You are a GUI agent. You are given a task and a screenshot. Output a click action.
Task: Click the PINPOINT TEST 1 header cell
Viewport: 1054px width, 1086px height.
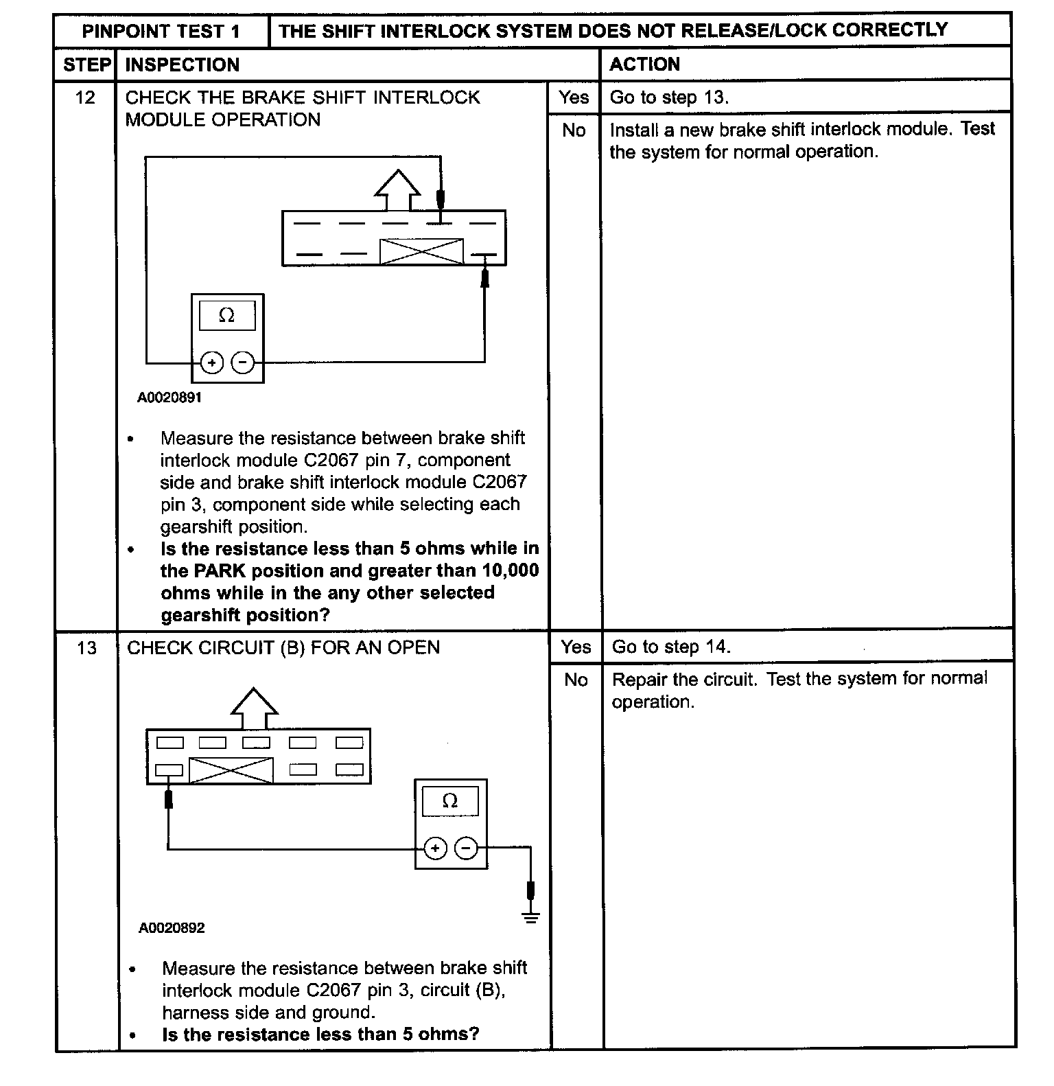(161, 32)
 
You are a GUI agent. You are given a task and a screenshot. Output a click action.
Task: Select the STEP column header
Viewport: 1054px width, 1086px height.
(86, 65)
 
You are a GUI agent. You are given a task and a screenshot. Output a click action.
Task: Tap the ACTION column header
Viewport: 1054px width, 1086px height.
(644, 65)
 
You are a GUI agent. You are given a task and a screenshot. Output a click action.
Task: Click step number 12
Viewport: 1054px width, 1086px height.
(85, 97)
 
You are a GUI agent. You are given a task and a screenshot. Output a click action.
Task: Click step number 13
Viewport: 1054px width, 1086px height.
(86, 648)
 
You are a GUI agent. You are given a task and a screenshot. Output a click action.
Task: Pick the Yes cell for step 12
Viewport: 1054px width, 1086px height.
(574, 97)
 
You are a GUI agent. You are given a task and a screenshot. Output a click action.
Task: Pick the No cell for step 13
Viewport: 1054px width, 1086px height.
(576, 680)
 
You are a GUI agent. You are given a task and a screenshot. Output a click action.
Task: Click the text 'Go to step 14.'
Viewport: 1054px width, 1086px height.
(671, 647)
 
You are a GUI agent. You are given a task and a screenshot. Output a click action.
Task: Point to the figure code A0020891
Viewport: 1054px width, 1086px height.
(169, 397)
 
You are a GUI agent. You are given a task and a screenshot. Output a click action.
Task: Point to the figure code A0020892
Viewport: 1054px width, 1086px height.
(172, 928)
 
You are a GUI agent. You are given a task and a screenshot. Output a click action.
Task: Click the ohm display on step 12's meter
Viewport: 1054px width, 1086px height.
(227, 316)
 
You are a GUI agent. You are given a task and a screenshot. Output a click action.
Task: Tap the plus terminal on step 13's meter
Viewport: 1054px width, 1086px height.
(435, 848)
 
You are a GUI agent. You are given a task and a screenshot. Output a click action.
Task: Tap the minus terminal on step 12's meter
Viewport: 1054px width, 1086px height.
(243, 362)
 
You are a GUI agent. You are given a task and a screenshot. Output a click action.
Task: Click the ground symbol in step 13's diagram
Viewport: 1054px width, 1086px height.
(530, 917)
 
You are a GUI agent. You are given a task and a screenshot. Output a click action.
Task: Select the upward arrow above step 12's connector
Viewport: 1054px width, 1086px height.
(397, 189)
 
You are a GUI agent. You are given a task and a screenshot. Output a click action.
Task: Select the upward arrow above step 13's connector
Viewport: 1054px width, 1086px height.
(254, 707)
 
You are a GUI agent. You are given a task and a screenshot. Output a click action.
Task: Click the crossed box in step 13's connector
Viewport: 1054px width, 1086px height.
(231, 770)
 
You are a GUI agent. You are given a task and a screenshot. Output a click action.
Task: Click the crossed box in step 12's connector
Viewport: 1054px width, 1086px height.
(421, 251)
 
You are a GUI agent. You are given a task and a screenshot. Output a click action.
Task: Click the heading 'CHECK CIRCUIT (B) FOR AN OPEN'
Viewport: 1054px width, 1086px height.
(283, 648)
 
